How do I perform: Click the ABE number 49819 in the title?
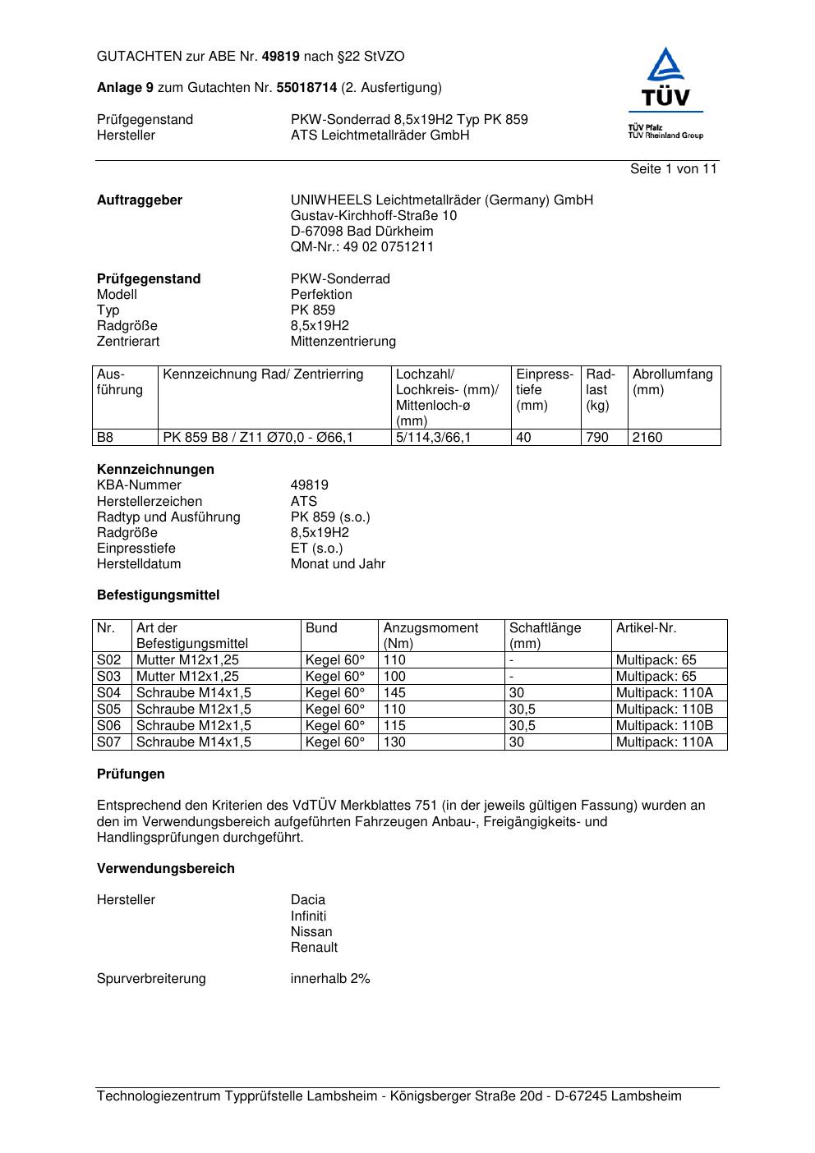coord(280,57)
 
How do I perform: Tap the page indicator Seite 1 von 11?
coord(673,169)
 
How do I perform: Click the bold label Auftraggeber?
coord(140,200)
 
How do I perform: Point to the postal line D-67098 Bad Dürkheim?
coord(361,232)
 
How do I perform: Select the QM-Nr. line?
coord(361,247)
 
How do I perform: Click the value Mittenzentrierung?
coord(343,342)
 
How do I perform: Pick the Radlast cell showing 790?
coord(597,438)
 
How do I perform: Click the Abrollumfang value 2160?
coord(647,438)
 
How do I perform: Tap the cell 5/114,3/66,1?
coord(434,438)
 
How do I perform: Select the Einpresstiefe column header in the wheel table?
coord(544,390)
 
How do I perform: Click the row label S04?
coord(109,693)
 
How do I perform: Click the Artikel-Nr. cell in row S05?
coord(664,710)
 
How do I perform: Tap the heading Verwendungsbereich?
coord(165,869)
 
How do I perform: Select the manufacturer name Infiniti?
coord(308,916)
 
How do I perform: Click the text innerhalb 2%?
coord(330,979)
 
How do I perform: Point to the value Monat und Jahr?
coord(338,564)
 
